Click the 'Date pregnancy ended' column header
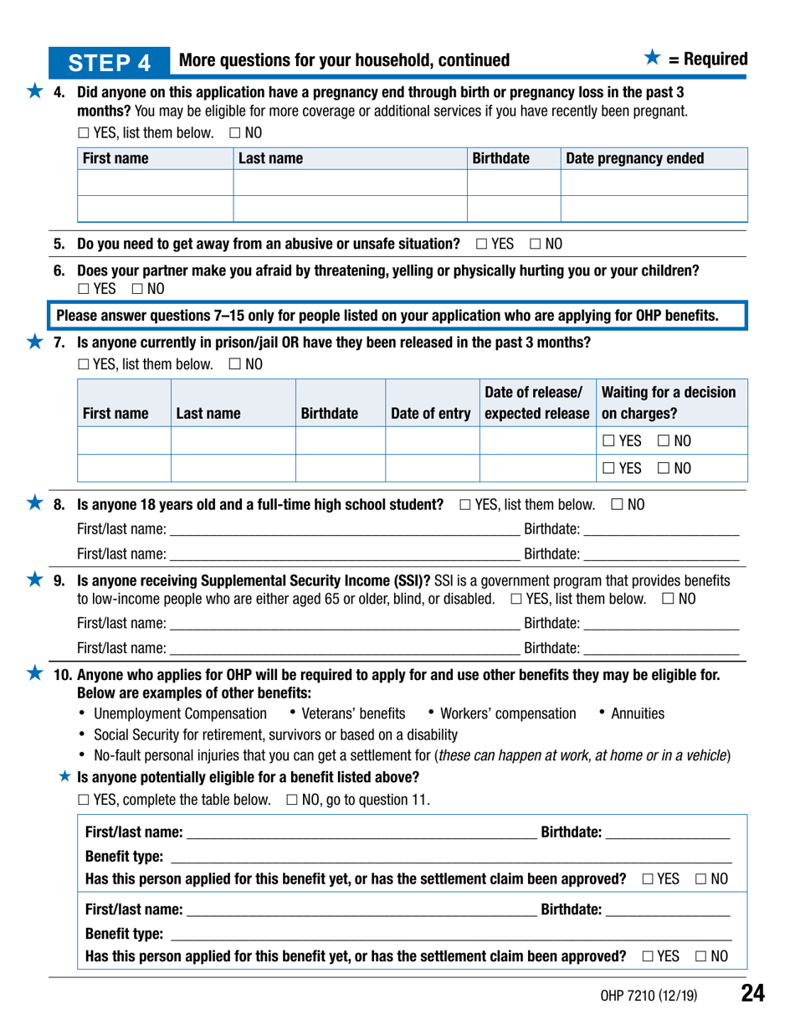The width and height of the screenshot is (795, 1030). tap(635, 158)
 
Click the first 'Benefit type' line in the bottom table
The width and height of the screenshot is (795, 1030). tap(452, 852)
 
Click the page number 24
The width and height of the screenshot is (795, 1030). tap(753, 994)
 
